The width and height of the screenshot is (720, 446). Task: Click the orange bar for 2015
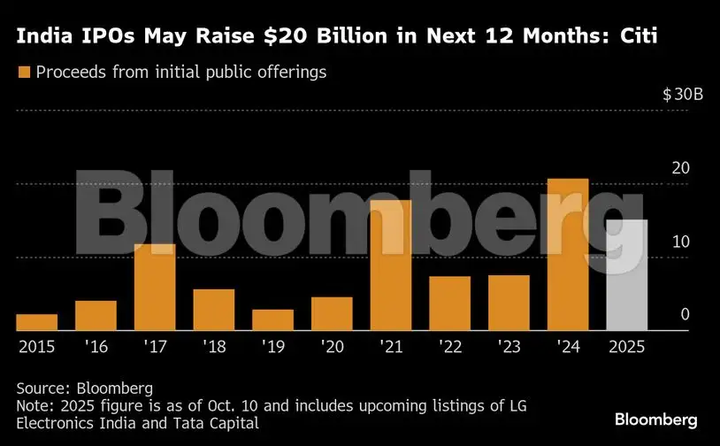pyautogui.click(x=36, y=322)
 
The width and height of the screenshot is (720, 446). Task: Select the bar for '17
pyautogui.click(x=155, y=287)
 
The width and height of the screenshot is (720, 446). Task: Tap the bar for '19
pyautogui.click(x=272, y=319)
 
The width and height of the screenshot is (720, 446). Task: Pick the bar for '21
pyautogui.click(x=390, y=265)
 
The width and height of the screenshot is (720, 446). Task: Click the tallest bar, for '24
pyautogui.click(x=568, y=255)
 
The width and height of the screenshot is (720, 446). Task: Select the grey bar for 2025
pyautogui.click(x=626, y=275)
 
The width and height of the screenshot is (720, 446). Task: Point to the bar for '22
pyautogui.click(x=449, y=304)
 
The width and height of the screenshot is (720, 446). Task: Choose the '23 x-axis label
pyautogui.click(x=508, y=347)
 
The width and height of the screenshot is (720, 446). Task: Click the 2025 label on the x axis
pyautogui.click(x=625, y=347)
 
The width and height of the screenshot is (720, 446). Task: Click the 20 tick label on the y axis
pyautogui.click(x=677, y=168)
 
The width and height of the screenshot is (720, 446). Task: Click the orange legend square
pyautogui.click(x=24, y=72)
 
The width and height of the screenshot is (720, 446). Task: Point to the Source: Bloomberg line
pyautogui.click(x=85, y=388)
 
